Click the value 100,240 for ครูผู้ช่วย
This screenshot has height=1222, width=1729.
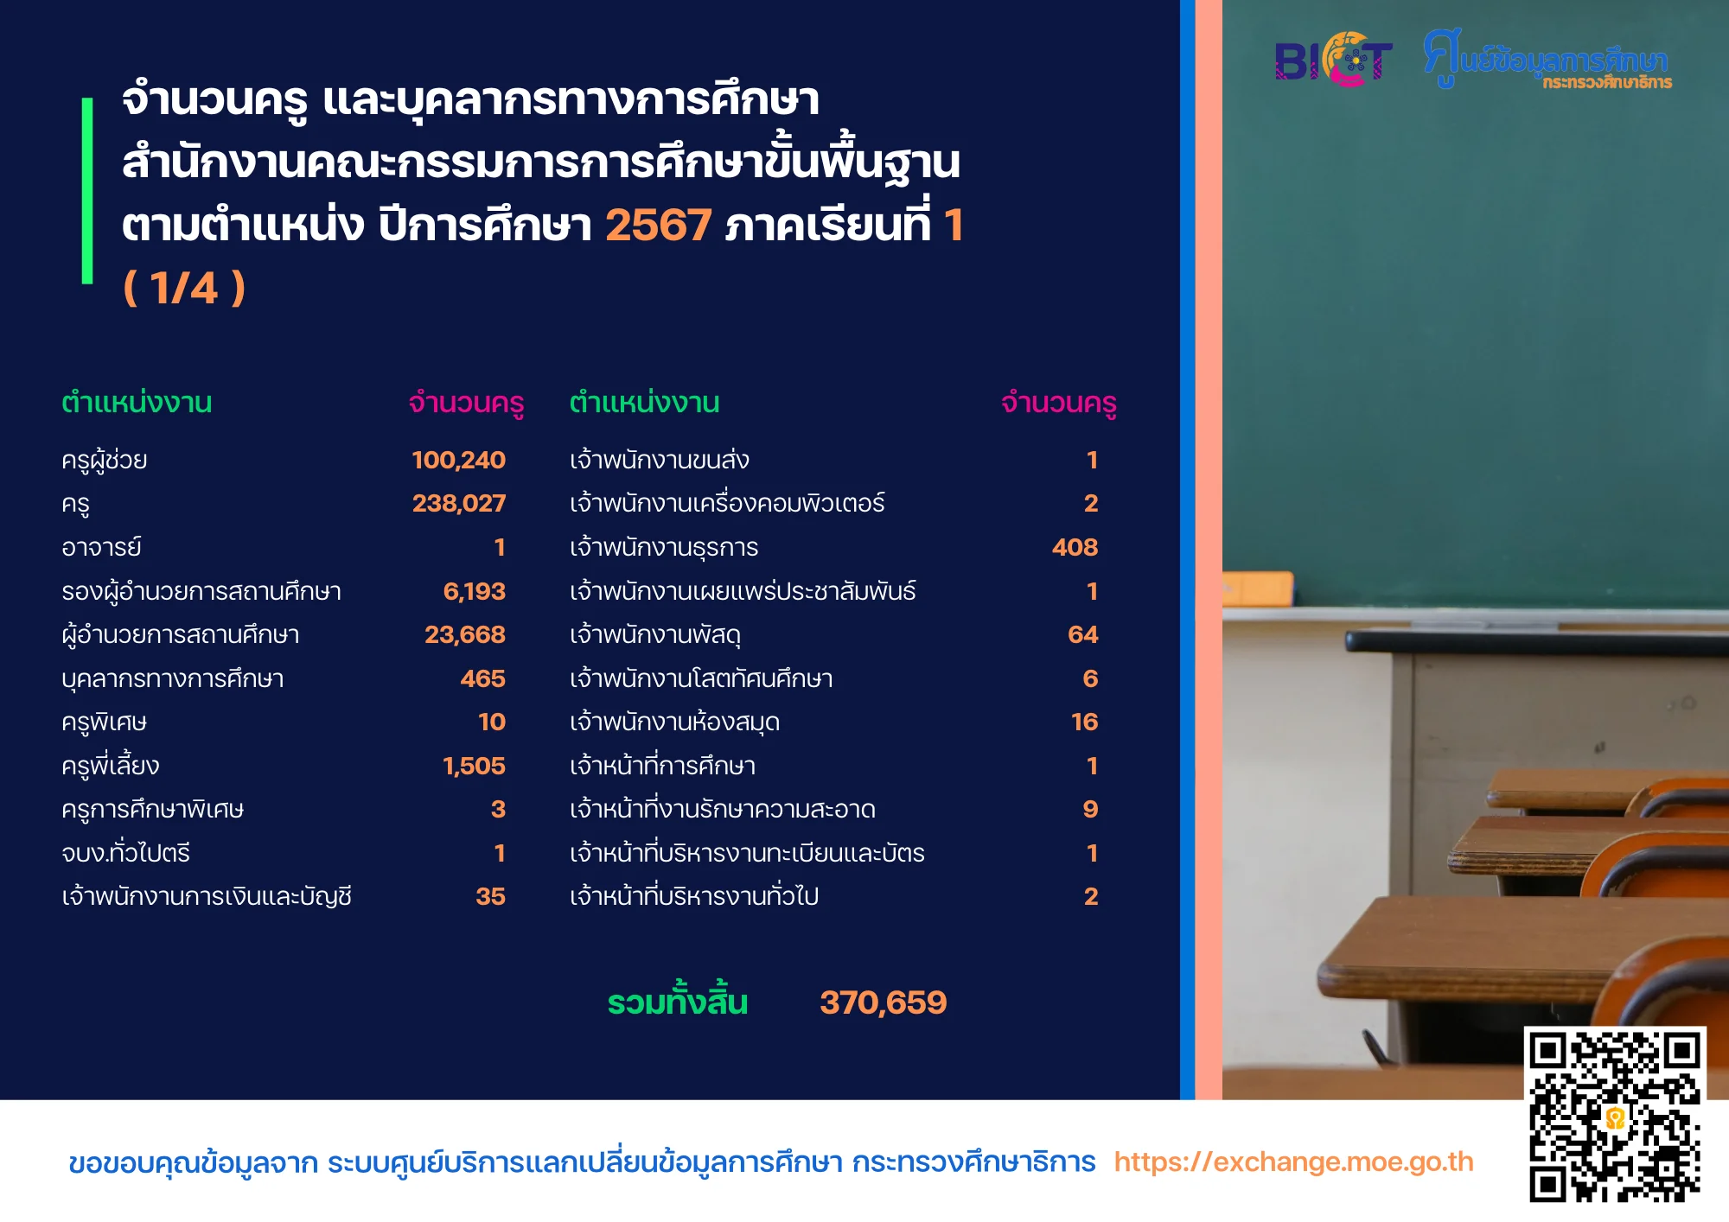(458, 460)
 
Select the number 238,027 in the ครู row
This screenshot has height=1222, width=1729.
(458, 503)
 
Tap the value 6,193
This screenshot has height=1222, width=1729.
(474, 591)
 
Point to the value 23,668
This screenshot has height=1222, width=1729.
(464, 634)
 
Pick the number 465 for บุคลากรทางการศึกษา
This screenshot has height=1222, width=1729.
(482, 678)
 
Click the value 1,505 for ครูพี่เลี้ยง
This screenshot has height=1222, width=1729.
(474, 766)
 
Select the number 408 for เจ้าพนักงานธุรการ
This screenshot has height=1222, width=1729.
(1075, 547)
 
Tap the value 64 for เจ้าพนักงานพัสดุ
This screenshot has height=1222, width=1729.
(1082, 634)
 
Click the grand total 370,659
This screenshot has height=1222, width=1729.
(883, 1002)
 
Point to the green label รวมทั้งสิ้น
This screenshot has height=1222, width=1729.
(677, 1001)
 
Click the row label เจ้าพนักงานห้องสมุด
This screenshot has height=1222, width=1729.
(674, 722)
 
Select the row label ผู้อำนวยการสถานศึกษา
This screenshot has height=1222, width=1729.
(180, 634)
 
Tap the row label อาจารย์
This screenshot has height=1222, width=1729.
(101, 547)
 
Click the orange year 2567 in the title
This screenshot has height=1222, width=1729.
(658, 226)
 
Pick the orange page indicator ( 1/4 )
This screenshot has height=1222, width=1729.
(184, 288)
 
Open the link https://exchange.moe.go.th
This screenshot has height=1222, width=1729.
(1293, 1162)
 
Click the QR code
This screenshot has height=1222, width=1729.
(1614, 1115)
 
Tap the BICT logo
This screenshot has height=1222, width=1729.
(1333, 60)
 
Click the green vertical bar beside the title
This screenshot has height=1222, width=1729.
(87, 191)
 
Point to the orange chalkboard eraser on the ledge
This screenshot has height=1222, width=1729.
(1258, 589)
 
